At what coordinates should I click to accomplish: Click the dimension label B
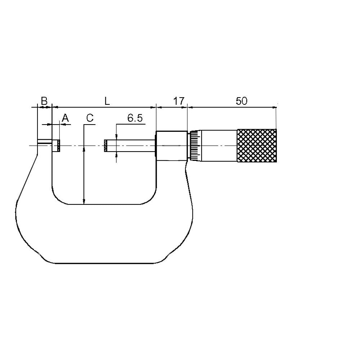click(x=44, y=101)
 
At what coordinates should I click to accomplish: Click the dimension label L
click(x=107, y=101)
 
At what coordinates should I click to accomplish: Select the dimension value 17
click(x=179, y=101)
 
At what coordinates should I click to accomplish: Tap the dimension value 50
click(x=242, y=101)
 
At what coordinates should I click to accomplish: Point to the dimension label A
click(x=66, y=118)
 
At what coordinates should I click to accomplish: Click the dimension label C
click(x=90, y=118)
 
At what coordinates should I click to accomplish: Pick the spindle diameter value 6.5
click(x=135, y=118)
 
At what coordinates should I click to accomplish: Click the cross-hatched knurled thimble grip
click(x=257, y=145)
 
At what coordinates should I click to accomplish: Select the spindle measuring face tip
click(x=105, y=145)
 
